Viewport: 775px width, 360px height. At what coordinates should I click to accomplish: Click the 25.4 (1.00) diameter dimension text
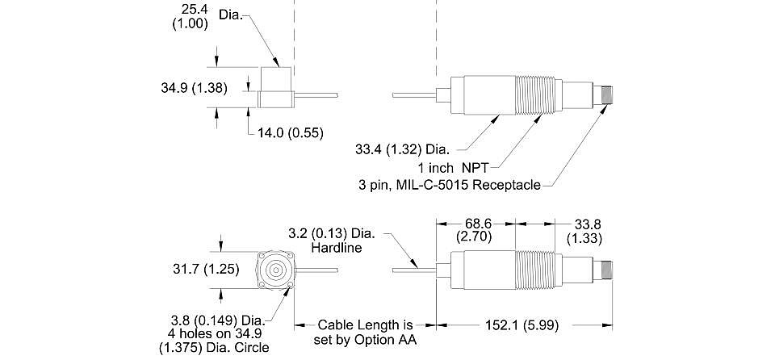coord(190,16)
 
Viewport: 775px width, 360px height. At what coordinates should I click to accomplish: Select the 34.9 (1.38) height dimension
coord(195,88)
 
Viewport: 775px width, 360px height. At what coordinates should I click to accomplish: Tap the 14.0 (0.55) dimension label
coord(291,132)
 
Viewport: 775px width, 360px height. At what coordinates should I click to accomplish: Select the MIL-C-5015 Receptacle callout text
coord(450,186)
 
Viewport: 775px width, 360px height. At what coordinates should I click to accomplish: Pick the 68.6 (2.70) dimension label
coord(475,229)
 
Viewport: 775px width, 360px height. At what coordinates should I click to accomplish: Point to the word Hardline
coord(336,247)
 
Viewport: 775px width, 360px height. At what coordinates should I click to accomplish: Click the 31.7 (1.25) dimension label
coord(206,270)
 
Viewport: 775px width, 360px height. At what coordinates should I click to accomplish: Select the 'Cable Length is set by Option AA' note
coord(365,333)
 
